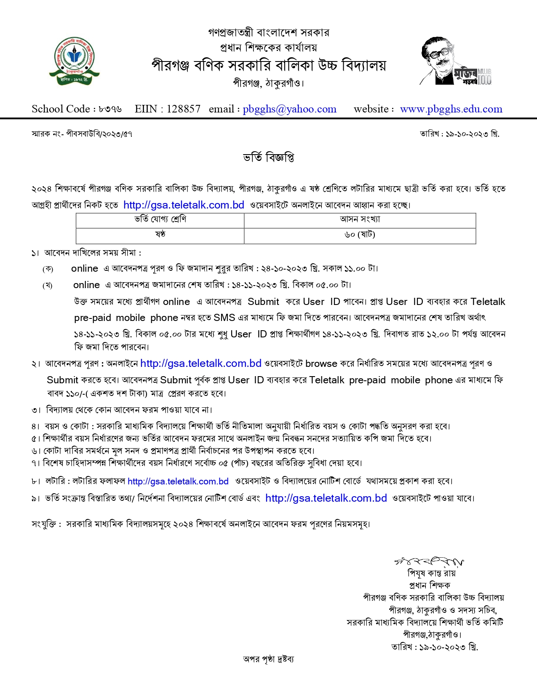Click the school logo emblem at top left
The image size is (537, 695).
point(74,61)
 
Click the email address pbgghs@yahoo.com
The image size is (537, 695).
point(289,109)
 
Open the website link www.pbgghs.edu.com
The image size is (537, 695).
point(451,109)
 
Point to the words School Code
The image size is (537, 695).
point(61,109)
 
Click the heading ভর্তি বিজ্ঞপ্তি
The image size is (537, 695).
point(268,158)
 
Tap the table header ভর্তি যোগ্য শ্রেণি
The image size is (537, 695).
point(160,219)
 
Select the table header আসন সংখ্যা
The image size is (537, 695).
point(360,219)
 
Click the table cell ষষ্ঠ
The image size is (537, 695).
point(160,235)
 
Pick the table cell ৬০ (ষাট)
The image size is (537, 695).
point(360,235)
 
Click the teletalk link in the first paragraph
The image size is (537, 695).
point(184,205)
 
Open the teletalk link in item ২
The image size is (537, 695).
point(201,363)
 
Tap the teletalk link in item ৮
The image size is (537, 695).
point(178,481)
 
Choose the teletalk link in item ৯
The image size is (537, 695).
point(326,498)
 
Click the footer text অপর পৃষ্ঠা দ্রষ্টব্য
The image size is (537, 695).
point(268,659)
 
